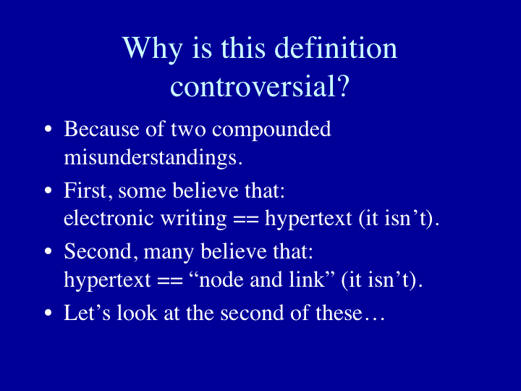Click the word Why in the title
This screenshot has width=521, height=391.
coord(152,49)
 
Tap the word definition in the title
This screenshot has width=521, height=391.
coord(336,48)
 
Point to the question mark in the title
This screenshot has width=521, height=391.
coord(343,85)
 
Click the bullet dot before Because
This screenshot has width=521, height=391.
coord(48,130)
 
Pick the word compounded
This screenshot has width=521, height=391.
coord(271,130)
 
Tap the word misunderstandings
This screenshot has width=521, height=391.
coord(151,158)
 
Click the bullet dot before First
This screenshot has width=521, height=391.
coord(48,190)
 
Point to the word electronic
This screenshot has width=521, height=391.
coord(109,218)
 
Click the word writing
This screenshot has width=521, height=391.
coord(194,219)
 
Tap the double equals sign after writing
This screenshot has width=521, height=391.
coord(246,219)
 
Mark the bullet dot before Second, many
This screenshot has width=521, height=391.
coord(48,251)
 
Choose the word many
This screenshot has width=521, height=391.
coord(169,253)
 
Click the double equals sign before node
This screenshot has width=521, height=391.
coord(170,280)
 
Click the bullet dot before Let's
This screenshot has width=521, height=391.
coord(48,313)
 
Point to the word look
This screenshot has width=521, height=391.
coord(137,313)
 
